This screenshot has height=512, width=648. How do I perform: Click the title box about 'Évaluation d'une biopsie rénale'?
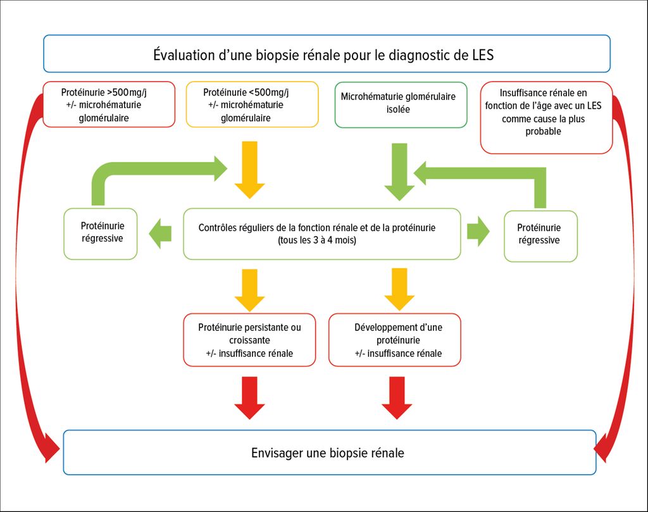(327, 54)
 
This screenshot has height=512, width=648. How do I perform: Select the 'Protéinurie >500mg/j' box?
(109, 104)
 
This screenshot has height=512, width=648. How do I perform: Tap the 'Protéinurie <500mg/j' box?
(252, 104)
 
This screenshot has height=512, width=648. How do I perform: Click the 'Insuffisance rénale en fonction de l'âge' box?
(546, 117)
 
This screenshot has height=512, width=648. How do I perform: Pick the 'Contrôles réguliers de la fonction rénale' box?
(321, 234)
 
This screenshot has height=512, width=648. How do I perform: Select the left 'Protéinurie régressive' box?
(101, 234)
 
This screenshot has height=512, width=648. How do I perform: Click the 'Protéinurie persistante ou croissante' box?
(249, 340)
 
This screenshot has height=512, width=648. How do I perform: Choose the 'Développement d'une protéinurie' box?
(395, 340)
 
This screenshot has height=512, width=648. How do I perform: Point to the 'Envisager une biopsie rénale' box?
(329, 453)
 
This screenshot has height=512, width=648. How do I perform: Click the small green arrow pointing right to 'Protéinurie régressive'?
(478, 232)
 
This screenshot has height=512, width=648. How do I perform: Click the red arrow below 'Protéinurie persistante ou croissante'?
(250, 397)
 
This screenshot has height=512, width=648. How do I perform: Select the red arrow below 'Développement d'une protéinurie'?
(397, 397)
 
